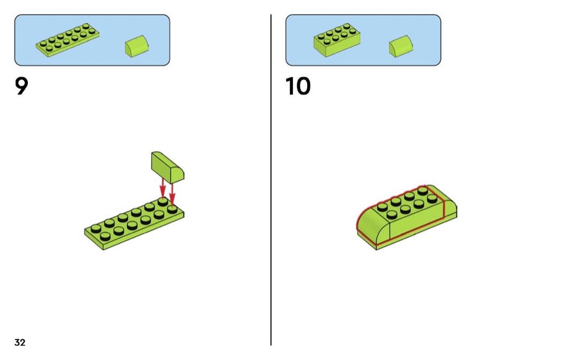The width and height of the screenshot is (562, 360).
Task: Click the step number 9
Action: coord(21,86)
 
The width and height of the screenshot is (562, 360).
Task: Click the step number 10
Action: coord(298,86)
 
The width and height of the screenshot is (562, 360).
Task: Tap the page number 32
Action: coord(20,342)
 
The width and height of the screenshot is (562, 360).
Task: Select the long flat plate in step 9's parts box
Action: coord(68,40)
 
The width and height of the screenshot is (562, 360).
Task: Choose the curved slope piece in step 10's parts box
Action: coord(401,47)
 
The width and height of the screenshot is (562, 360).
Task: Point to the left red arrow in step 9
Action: coord(163,188)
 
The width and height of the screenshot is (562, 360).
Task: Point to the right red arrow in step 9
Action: coord(172,193)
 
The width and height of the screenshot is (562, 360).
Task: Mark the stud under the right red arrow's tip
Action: coord(172,209)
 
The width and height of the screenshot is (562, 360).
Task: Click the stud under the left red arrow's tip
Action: coord(163,202)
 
